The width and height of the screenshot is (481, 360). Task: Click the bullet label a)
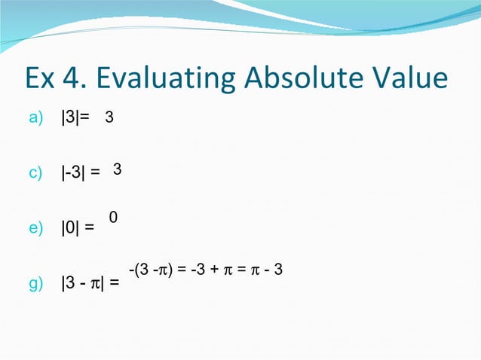click(36, 118)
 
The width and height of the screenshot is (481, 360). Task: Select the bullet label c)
click(36, 174)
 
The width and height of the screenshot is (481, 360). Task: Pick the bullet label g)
click(36, 284)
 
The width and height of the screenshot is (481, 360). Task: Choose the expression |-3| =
click(80, 174)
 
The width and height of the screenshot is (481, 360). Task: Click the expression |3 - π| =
click(89, 284)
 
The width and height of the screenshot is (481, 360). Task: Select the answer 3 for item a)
click(109, 118)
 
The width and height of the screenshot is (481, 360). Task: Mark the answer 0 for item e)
click(112, 218)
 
